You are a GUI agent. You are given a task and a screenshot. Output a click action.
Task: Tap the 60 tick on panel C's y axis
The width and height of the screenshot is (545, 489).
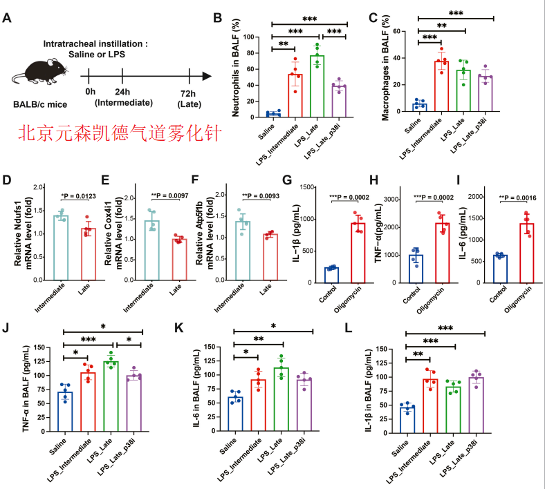pyautogui.click(x=396, y=31)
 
